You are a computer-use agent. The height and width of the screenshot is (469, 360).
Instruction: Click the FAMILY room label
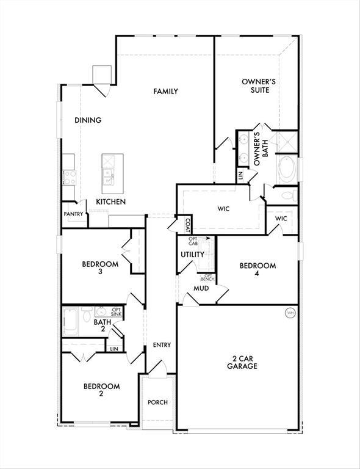pos(165,92)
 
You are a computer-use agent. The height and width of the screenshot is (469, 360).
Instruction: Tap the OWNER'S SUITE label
pos(255,85)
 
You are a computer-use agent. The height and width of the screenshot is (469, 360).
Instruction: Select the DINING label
pos(88,120)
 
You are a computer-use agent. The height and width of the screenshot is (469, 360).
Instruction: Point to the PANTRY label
pos(73,214)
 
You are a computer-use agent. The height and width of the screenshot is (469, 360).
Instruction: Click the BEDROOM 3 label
pos(100,268)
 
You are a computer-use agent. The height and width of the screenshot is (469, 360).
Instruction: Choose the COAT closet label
pos(187,225)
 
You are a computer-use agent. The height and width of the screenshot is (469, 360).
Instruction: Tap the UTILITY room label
pos(192,254)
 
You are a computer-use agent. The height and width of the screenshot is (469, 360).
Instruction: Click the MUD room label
pos(201,288)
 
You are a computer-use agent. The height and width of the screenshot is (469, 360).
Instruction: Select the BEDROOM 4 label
pos(257,269)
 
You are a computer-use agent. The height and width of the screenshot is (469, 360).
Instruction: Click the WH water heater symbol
pos(290,313)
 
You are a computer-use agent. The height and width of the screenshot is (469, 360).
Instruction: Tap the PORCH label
pos(157,402)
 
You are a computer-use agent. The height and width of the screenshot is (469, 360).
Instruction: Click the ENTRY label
pos(162,345)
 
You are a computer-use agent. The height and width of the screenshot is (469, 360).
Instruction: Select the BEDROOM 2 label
pos(101,390)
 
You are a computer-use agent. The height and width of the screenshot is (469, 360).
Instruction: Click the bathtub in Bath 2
pos(71,322)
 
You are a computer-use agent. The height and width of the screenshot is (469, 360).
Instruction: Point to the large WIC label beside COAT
pos(223,209)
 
